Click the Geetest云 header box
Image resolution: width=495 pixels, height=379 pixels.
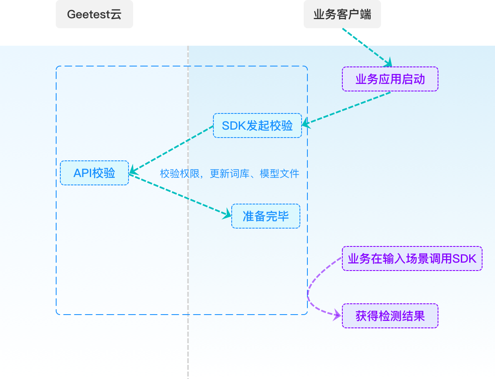94,15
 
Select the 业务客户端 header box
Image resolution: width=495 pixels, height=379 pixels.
342,15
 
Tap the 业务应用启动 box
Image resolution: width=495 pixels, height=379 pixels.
390,79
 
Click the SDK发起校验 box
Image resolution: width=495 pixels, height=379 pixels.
257,126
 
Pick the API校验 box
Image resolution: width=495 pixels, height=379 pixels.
94,173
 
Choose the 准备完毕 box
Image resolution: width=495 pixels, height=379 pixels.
266,216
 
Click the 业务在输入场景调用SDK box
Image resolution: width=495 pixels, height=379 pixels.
412,259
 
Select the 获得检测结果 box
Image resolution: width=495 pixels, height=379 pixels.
390,316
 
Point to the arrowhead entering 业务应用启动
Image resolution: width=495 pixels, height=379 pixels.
389,63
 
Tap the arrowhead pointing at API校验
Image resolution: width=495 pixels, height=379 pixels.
132,170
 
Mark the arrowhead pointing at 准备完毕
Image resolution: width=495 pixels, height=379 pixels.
227,215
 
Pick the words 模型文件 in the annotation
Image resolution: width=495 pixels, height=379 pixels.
280,174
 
